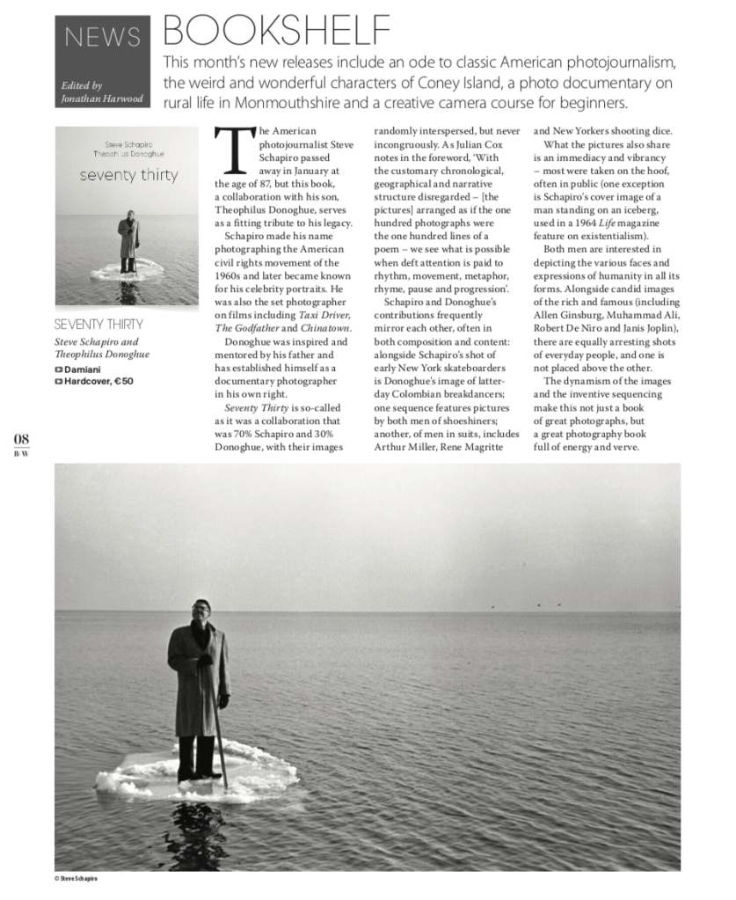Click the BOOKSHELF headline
277,30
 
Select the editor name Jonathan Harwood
100,99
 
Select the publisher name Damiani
84,369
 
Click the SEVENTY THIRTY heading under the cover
98,324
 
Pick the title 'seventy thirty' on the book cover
128,175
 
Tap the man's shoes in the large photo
195,774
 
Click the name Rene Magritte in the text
477,446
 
